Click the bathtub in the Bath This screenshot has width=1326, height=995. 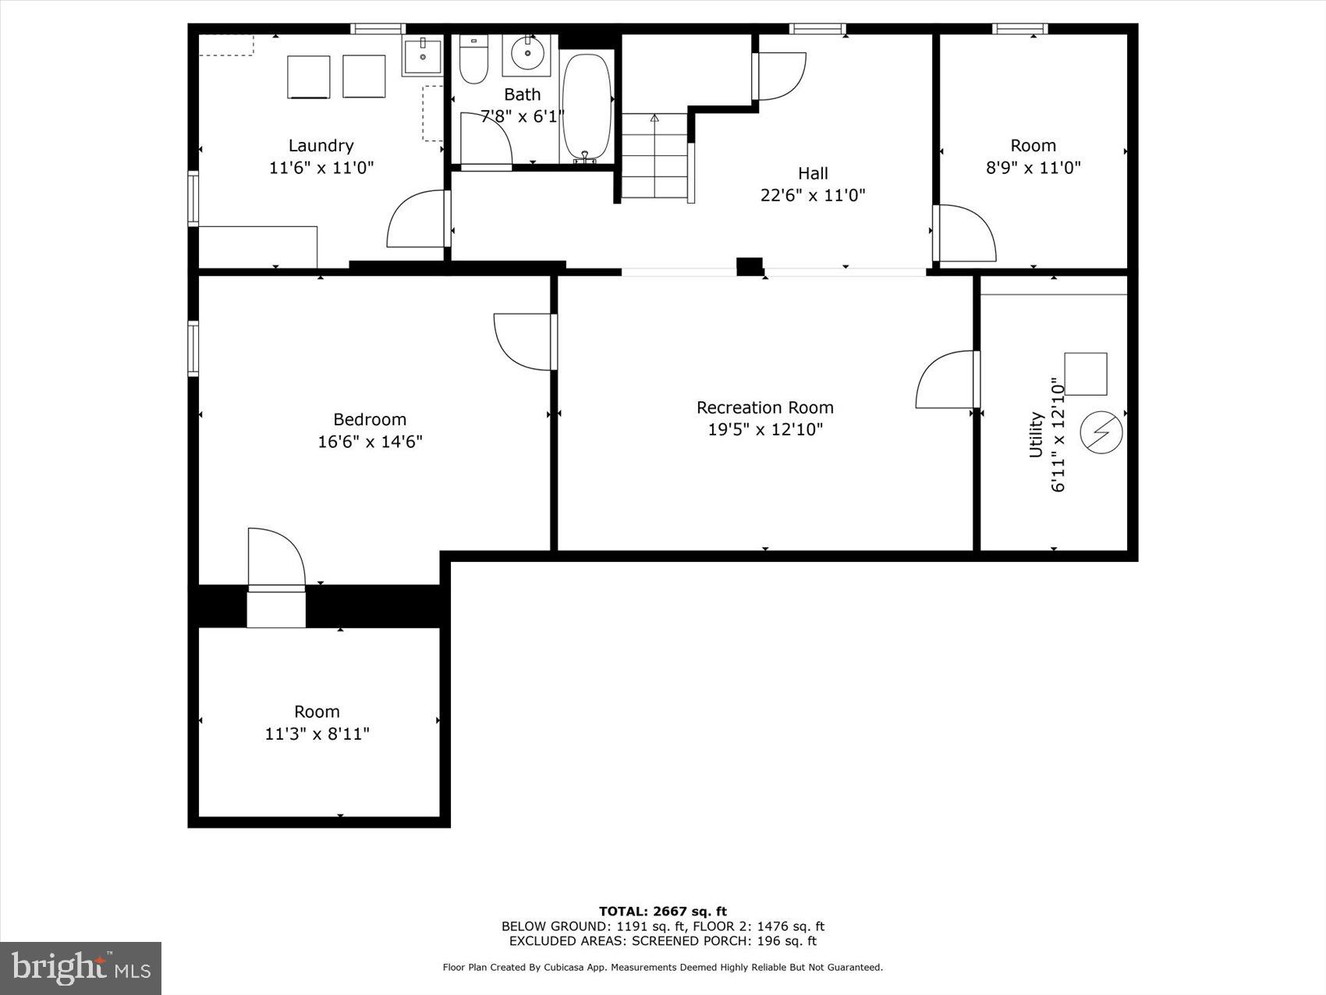point(587,107)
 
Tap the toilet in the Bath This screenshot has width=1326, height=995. point(473,61)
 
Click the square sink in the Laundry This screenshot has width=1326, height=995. point(422,55)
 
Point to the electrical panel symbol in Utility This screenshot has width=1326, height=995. point(1101,432)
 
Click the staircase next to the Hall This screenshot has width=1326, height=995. point(654,156)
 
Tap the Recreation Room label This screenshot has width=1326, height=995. point(764,407)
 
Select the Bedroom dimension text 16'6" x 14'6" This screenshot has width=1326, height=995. point(370,442)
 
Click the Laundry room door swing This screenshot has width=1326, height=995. point(417,220)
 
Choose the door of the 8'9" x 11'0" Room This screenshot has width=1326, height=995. point(966,233)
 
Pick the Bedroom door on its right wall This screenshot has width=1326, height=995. point(524,341)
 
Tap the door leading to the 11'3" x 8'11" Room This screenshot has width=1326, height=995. point(275,557)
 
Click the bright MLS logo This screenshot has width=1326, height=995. point(81,968)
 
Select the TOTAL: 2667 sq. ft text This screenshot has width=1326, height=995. point(662,911)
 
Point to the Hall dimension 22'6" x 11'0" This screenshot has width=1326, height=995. point(813,195)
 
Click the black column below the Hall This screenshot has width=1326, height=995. point(750,266)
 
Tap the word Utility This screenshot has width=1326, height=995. point(1036,435)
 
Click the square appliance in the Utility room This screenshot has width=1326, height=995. point(1085,374)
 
